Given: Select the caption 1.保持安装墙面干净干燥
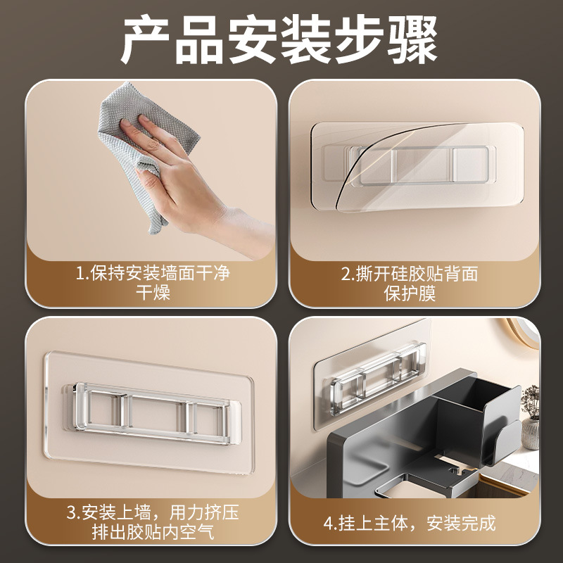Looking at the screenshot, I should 152,282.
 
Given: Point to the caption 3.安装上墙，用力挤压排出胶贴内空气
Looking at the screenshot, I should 152,521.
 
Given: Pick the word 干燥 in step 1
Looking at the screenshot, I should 152,293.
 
